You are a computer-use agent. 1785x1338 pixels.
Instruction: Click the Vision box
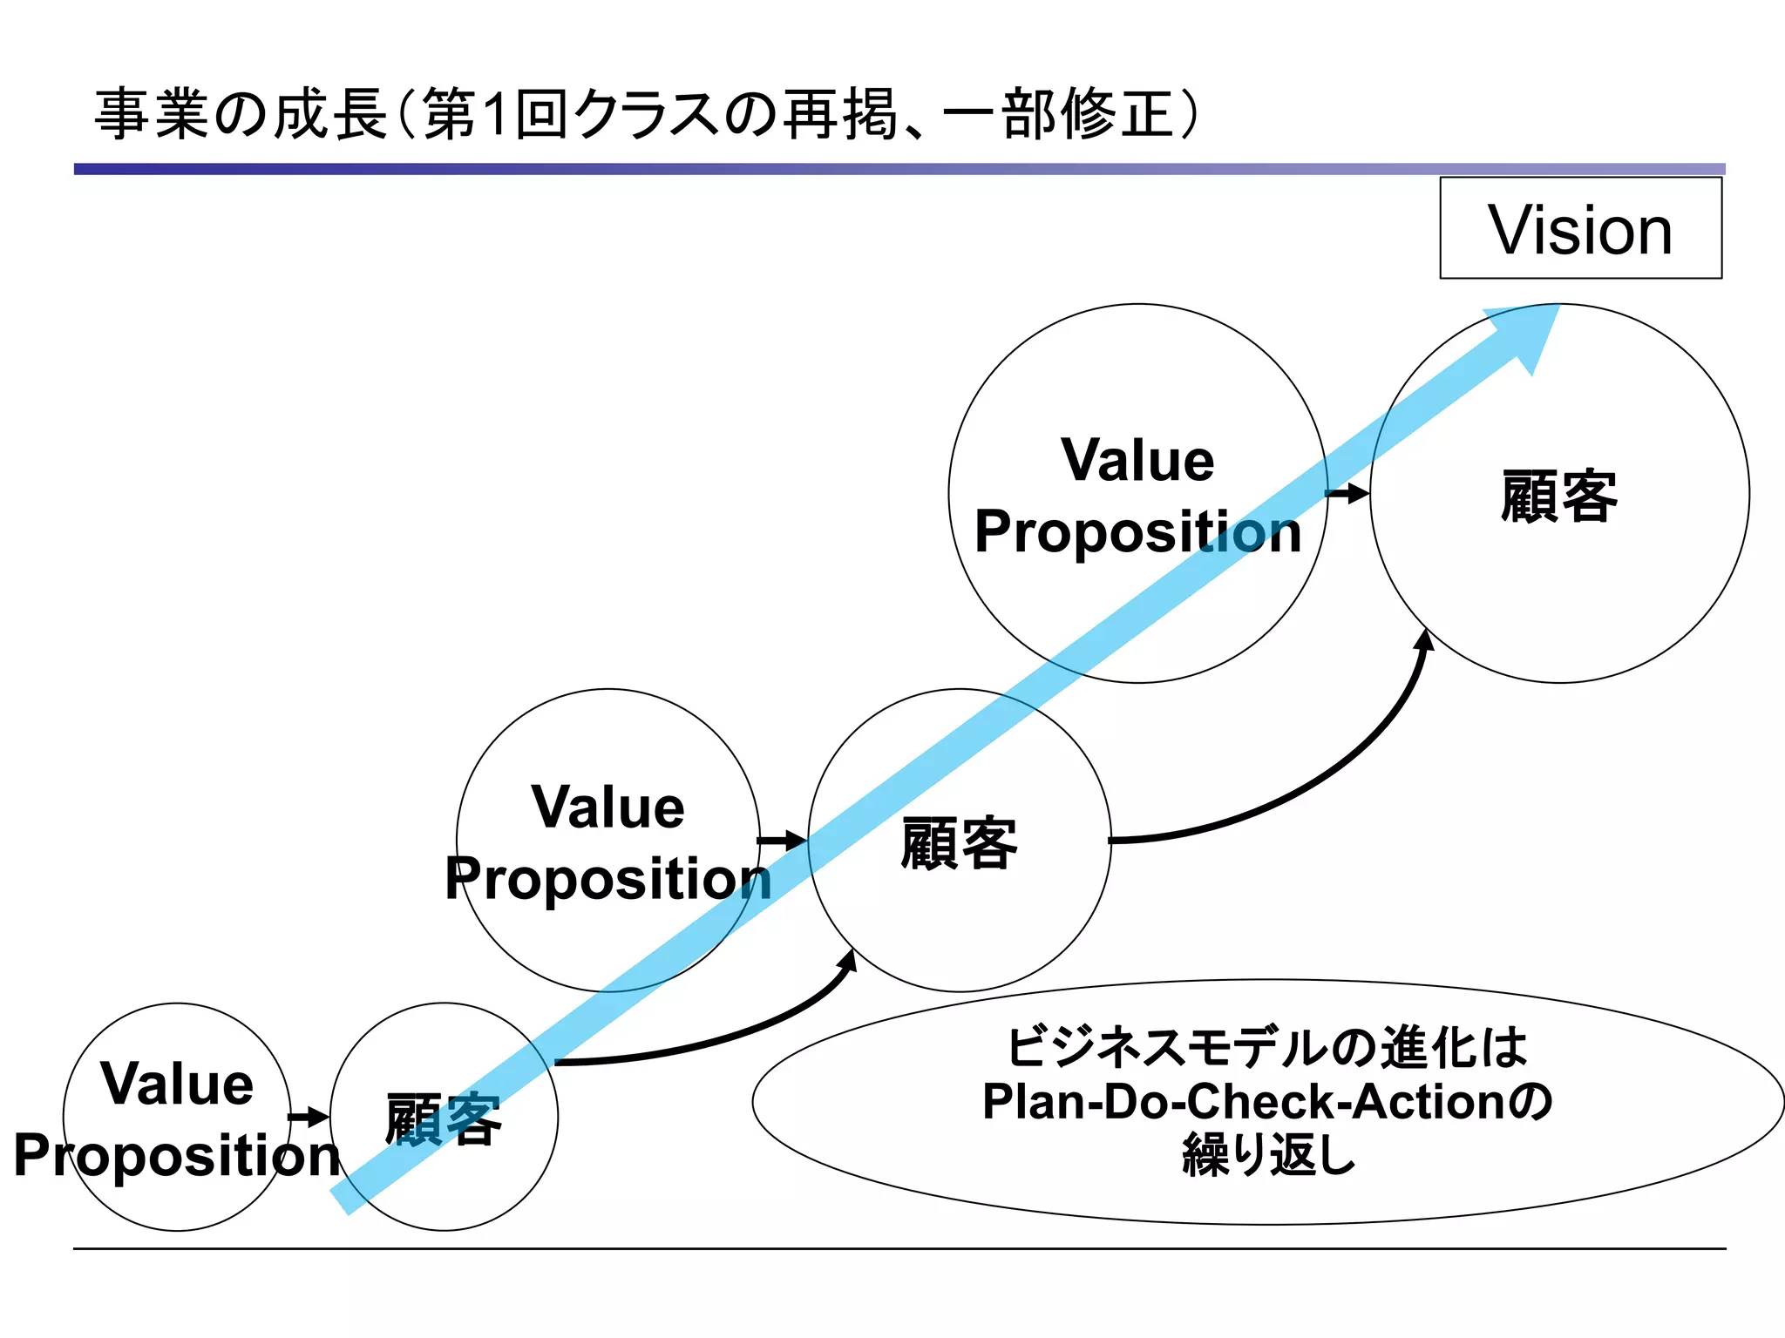(1580, 228)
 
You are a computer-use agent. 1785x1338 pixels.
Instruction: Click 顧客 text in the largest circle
(1559, 496)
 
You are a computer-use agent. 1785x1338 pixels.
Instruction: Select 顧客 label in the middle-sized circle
(959, 843)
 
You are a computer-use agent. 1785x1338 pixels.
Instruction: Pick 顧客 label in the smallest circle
(443, 1119)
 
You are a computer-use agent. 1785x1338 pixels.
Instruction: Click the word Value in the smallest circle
(177, 1084)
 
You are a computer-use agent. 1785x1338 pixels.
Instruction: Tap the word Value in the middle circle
(608, 807)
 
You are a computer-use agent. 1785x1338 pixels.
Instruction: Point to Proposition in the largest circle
(1137, 531)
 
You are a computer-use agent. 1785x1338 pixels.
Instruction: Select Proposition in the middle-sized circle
(608, 878)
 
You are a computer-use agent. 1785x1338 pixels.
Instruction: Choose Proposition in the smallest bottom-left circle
(177, 1156)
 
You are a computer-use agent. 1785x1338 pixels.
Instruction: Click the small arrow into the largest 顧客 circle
(1348, 494)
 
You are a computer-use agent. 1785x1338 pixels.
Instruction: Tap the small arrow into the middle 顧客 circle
(783, 841)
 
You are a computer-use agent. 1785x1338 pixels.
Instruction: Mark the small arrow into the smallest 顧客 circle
(309, 1118)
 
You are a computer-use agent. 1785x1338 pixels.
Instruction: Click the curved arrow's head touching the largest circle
(1425, 641)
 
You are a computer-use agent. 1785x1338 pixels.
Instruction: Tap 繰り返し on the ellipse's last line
(1269, 1156)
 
